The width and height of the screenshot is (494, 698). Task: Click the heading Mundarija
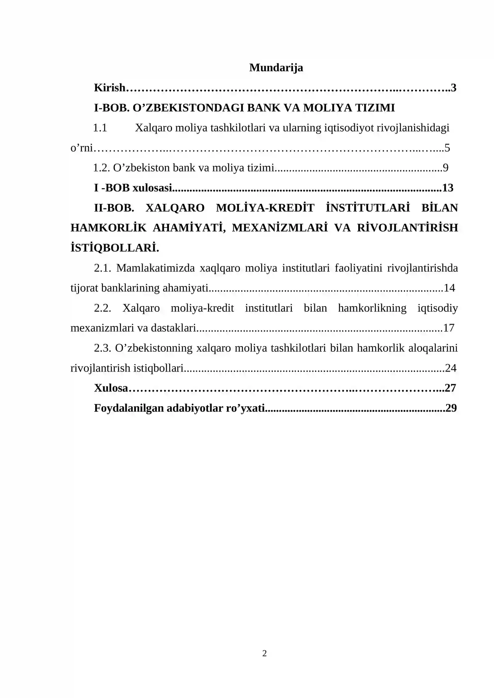(x=276, y=68)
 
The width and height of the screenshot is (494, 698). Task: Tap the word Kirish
(x=110, y=88)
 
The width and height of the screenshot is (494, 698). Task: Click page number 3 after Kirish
(x=454, y=88)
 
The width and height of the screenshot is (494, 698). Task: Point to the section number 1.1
(x=100, y=128)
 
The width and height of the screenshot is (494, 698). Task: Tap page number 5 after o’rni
(x=447, y=148)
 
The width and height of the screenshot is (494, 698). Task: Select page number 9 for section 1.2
(x=446, y=168)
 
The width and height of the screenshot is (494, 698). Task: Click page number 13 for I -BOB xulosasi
(x=448, y=188)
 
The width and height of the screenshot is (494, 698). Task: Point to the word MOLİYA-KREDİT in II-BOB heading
(x=265, y=208)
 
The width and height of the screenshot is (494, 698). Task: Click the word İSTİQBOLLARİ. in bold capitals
(x=115, y=248)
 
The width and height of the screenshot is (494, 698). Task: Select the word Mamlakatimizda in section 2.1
(x=156, y=268)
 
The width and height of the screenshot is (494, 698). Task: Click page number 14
(x=449, y=288)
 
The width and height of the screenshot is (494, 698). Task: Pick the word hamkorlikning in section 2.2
(x=372, y=308)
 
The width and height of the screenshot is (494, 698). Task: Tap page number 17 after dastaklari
(x=449, y=328)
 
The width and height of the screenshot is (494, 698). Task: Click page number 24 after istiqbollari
(x=450, y=368)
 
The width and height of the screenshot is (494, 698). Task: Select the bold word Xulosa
(x=111, y=388)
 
